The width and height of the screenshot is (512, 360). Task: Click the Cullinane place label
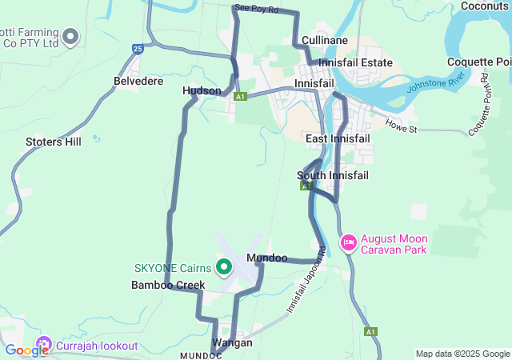tap(324, 40)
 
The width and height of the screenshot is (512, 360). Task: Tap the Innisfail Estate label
tap(355, 62)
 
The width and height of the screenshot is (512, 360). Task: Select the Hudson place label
tap(202, 91)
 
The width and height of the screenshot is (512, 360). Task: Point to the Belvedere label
tap(138, 82)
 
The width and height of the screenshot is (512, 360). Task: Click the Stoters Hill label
tap(54, 142)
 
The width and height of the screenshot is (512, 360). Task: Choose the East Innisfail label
tap(338, 139)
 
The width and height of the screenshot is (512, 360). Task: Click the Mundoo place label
tap(267, 258)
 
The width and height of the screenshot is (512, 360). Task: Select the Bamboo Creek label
tap(168, 285)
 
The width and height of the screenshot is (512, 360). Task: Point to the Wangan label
tap(232, 342)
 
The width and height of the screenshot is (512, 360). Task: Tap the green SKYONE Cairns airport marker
tap(225, 266)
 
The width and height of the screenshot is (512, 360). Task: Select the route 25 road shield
tap(138, 50)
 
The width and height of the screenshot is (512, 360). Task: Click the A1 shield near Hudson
tap(240, 97)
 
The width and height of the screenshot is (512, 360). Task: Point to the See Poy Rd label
tap(256, 10)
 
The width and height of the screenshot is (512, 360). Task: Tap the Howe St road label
tap(401, 127)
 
